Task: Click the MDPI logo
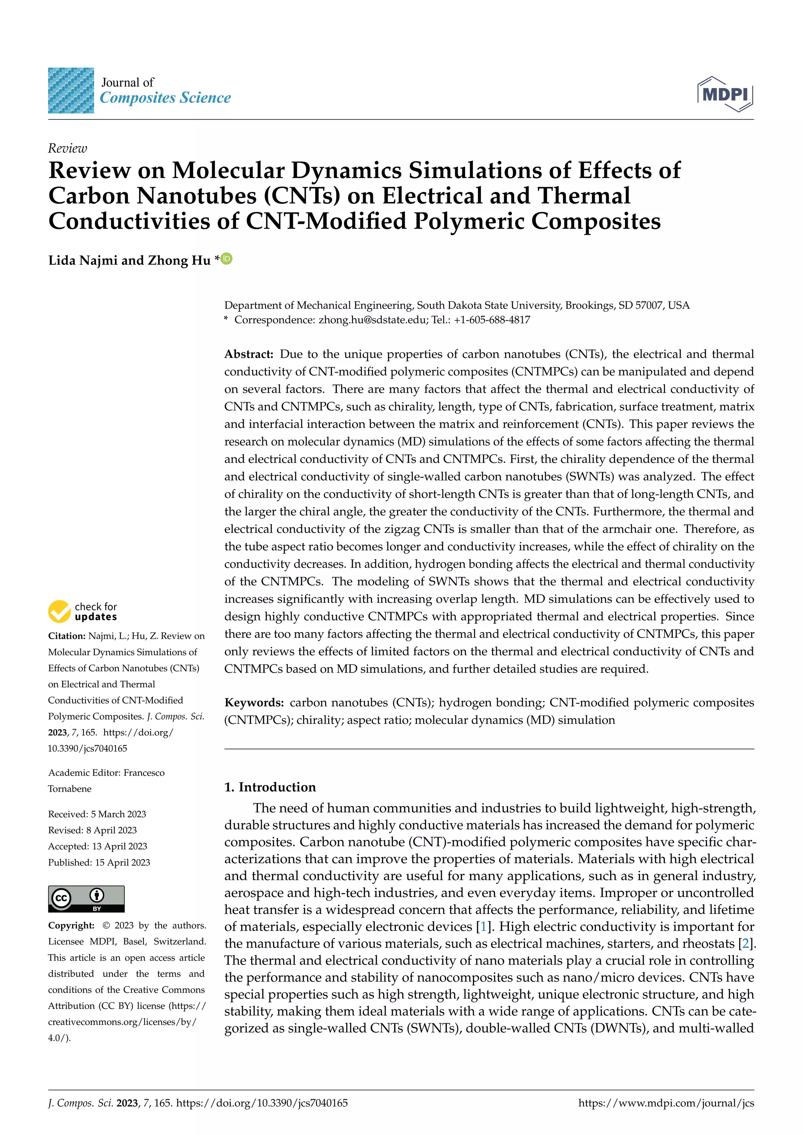[x=725, y=94]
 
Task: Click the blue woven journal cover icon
[x=71, y=91]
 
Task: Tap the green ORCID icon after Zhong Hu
[x=227, y=259]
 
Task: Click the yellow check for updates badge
[x=59, y=611]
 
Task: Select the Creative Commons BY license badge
[x=86, y=899]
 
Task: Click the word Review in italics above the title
[x=67, y=148]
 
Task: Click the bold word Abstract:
[x=249, y=354]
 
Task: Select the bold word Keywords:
[x=254, y=702]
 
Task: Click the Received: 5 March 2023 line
[x=97, y=814]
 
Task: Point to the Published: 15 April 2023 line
[x=99, y=862]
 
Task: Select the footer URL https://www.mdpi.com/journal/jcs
[x=666, y=1103]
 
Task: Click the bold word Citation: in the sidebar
[x=66, y=636]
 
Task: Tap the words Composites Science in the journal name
[x=165, y=98]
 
